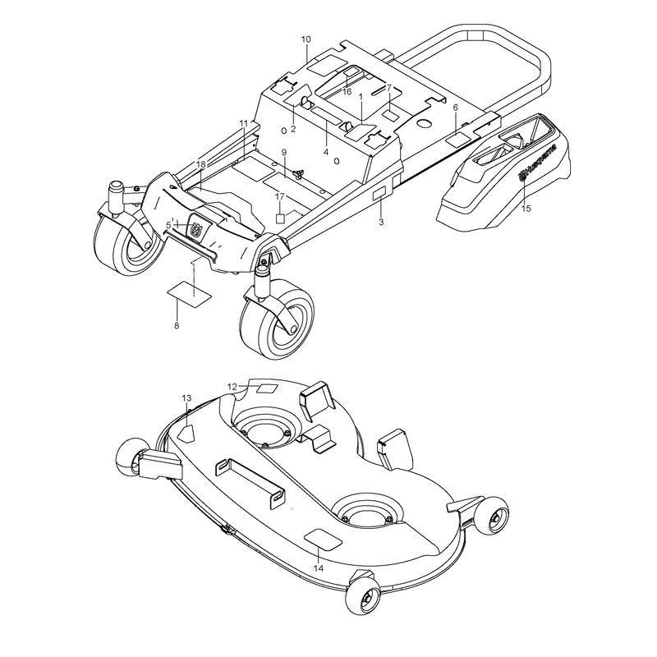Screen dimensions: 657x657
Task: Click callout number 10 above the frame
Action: [x=306, y=39]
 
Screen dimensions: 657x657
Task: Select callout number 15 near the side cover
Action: [x=526, y=209]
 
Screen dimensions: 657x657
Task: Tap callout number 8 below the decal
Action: [x=177, y=325]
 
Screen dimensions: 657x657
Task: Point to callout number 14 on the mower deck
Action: [x=319, y=568]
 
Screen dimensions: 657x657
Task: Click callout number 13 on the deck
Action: [x=186, y=397]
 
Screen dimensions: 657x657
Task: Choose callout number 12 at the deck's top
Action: [x=232, y=387]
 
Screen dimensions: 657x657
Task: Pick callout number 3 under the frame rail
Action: [x=381, y=222]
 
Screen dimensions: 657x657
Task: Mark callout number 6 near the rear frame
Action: [x=456, y=108]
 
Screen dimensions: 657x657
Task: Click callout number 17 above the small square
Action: [x=280, y=196]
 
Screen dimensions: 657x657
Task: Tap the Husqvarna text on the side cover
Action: [x=541, y=162]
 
